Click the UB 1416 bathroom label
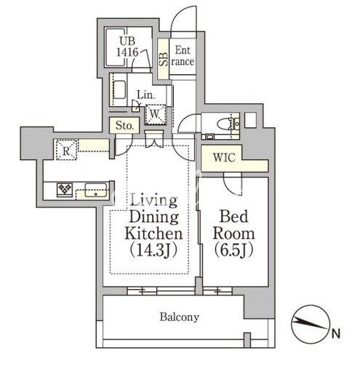pyautogui.click(x=127, y=47)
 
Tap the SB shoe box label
pyautogui.click(x=164, y=59)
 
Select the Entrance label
pyautogui.click(x=183, y=56)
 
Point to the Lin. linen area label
pyautogui.click(x=145, y=95)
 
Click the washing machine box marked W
pyautogui.click(x=155, y=114)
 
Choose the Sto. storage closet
pyautogui.click(x=124, y=125)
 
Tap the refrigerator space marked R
pyautogui.click(x=66, y=150)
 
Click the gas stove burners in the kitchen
pyautogui.click(x=65, y=190)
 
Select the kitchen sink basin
pyautogui.click(x=96, y=190)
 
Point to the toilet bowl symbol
pyautogui.click(x=225, y=124)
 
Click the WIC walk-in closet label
pyautogui.click(x=224, y=158)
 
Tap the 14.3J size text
pyautogui.click(x=153, y=250)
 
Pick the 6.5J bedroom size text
pyautogui.click(x=233, y=250)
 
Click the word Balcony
pyautogui.click(x=180, y=317)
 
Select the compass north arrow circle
pyautogui.click(x=311, y=324)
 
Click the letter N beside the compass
pyautogui.click(x=335, y=333)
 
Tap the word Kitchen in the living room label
pyautogui.click(x=153, y=233)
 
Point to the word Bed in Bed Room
pyautogui.click(x=233, y=216)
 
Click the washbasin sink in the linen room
pyautogui.click(x=119, y=90)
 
